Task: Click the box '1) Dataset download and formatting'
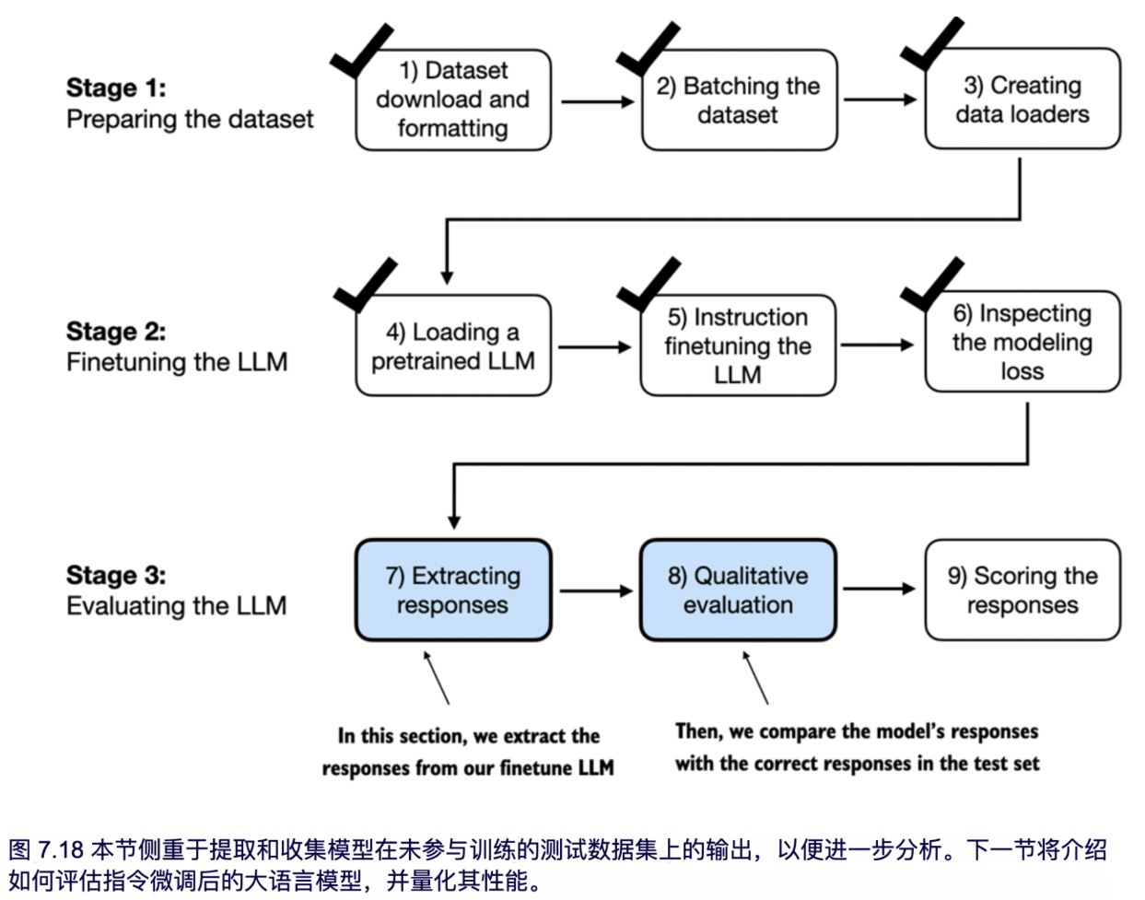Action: pos(452,99)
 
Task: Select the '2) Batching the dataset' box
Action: pos(738,100)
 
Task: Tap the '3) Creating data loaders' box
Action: pos(1022,99)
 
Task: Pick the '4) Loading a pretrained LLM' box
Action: pos(452,346)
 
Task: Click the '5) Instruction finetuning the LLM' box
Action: pos(738,346)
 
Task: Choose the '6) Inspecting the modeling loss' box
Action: pos(1022,343)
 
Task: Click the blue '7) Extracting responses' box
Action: pos(452,590)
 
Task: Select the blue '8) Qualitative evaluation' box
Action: pos(738,590)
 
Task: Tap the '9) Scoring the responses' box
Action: pos(1022,590)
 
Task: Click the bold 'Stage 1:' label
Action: pos(116,88)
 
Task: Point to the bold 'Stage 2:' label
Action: pos(116,332)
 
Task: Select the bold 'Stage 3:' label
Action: pos(116,575)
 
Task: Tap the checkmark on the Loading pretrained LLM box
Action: pos(363,286)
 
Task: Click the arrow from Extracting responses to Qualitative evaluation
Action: pos(595,590)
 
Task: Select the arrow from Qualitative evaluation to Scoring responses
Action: pos(879,589)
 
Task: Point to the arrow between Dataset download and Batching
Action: pos(597,101)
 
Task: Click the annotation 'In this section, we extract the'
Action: pos(468,736)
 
